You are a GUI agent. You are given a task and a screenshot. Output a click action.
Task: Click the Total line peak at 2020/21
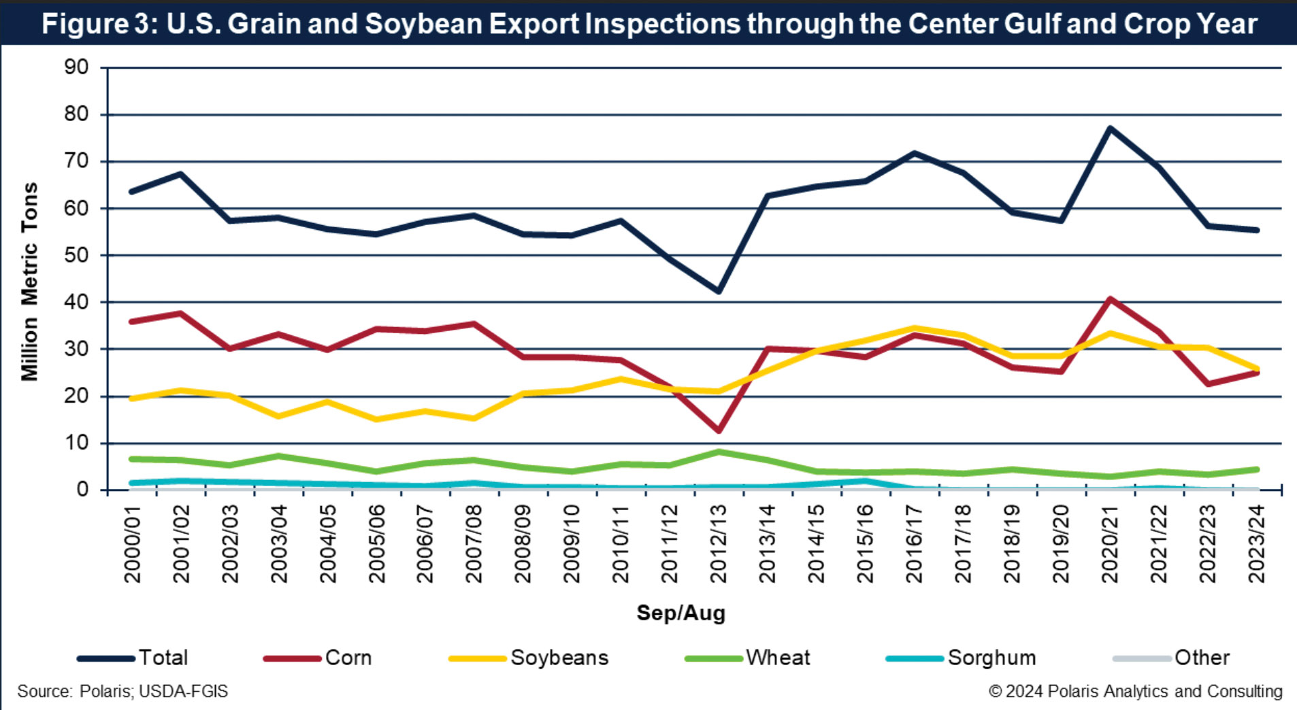(x=1110, y=128)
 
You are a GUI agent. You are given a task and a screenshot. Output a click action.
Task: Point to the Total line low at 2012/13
(x=719, y=291)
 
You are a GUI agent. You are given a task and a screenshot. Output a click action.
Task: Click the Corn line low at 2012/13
(x=719, y=430)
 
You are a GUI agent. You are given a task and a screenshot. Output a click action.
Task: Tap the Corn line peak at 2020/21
(x=1110, y=299)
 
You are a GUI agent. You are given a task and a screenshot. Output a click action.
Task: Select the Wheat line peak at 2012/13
(x=719, y=452)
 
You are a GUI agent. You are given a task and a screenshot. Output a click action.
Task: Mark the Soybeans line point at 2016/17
(x=914, y=328)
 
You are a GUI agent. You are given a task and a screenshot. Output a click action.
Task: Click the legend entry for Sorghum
(x=991, y=658)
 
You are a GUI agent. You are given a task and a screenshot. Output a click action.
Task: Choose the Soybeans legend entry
(x=559, y=658)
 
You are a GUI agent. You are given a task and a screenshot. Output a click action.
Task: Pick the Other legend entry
(x=1202, y=658)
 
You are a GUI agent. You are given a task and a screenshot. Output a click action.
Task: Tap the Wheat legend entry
(x=778, y=658)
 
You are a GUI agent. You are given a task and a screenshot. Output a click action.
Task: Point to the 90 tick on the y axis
(x=76, y=67)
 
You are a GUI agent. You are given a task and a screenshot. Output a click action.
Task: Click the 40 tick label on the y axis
(x=76, y=302)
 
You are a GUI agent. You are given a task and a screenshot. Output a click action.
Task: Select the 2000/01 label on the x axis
(x=133, y=543)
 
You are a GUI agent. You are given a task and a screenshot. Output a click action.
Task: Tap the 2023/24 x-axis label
(x=1256, y=543)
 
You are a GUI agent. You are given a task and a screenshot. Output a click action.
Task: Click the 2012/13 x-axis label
(x=719, y=543)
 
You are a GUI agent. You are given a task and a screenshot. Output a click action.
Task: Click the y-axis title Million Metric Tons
(x=29, y=281)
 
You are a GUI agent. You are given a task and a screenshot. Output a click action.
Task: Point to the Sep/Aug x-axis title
(x=680, y=613)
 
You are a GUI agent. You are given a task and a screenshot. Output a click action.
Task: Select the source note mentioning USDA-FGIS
(x=122, y=692)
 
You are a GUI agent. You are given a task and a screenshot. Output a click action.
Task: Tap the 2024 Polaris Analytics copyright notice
(x=1135, y=692)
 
